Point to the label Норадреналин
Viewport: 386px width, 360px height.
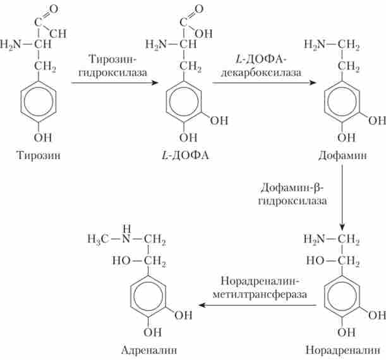point(338,349)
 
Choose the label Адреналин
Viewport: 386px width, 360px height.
point(150,349)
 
